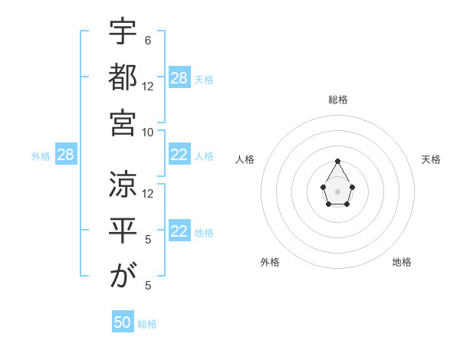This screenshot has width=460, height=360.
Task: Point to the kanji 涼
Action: tap(123, 184)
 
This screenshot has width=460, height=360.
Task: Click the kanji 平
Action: tap(123, 229)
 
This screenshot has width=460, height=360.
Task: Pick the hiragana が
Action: tap(123, 274)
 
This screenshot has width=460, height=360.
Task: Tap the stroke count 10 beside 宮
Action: tap(148, 131)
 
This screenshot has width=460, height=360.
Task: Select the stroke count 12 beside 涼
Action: tap(148, 194)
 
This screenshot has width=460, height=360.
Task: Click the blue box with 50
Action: tap(123, 322)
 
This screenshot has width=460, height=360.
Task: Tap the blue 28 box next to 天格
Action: tap(179, 78)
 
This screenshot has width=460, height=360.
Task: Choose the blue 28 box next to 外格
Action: tap(65, 155)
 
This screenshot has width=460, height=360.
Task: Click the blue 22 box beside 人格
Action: tap(179, 155)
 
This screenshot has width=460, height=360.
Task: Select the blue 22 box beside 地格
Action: tap(179, 232)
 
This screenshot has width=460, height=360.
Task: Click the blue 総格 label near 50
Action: tap(147, 324)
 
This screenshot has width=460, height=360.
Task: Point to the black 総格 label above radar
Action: tap(337, 100)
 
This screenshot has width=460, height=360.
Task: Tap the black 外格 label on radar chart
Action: tap(270, 262)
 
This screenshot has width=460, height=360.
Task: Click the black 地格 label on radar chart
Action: tap(402, 262)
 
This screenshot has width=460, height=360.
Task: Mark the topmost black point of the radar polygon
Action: tap(337, 162)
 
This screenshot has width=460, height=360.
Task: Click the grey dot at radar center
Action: tap(337, 191)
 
